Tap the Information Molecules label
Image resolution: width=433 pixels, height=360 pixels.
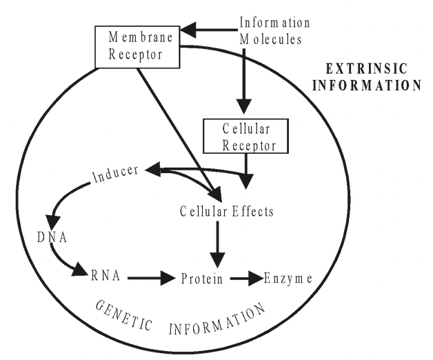[270, 31]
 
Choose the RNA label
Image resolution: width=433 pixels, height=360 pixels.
[105, 277]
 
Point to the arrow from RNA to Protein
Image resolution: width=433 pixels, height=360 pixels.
[150, 278]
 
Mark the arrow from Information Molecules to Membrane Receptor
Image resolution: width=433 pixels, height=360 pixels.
[208, 30]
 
